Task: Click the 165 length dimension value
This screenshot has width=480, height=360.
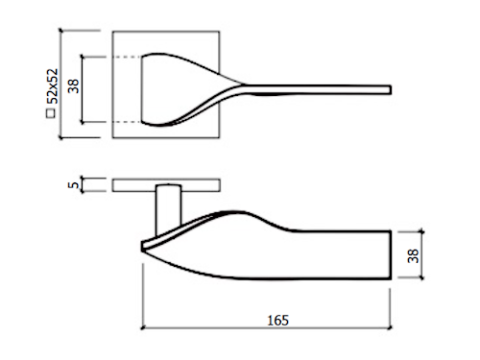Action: (x=277, y=321)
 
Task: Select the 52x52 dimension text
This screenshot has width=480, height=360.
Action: (x=53, y=86)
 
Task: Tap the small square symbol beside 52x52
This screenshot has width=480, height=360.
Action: (x=51, y=113)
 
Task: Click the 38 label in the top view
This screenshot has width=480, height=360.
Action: (x=74, y=86)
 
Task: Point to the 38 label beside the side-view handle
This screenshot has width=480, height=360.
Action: (x=413, y=255)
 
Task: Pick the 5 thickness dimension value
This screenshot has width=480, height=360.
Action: (x=73, y=185)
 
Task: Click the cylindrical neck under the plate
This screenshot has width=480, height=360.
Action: (x=168, y=208)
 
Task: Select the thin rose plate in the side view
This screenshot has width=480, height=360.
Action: (x=166, y=185)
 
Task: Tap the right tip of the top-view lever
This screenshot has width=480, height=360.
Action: (x=391, y=89)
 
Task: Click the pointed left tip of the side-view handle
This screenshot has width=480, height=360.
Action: (x=142, y=247)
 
